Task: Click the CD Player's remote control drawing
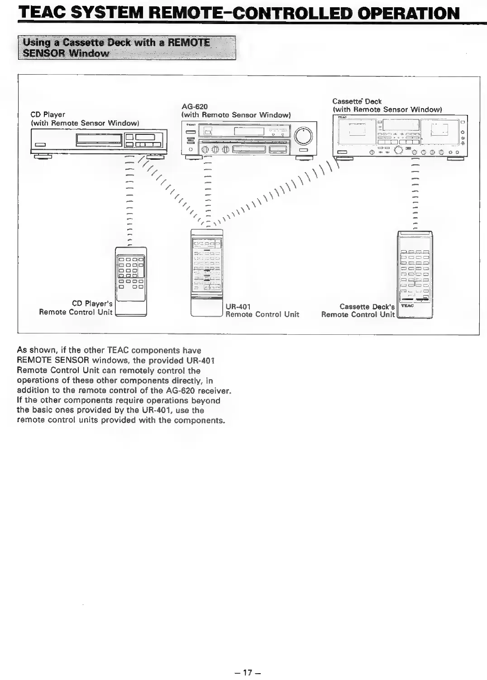tap(131, 281)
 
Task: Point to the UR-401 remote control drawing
tap(207, 273)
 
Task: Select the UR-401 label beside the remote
tap(238, 306)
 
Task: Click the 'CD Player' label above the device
tap(48, 114)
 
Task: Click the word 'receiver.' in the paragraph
tap(213, 390)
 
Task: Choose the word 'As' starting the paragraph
tap(21, 351)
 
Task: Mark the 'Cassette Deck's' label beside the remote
tap(367, 307)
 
